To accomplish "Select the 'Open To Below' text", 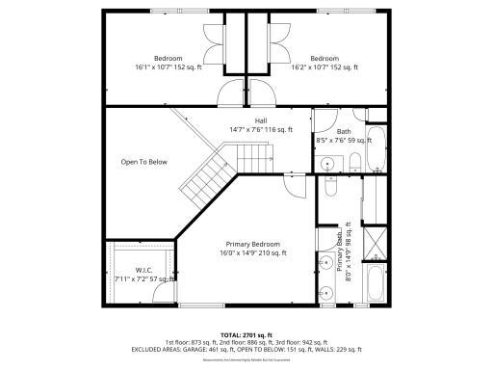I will (x=143, y=162).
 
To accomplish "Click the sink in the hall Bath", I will (x=327, y=162).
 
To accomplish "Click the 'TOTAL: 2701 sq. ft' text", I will (x=246, y=333).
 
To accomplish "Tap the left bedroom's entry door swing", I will (x=231, y=94).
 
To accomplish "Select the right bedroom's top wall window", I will (x=339, y=11).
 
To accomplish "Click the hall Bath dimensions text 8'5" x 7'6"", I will (x=342, y=141).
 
